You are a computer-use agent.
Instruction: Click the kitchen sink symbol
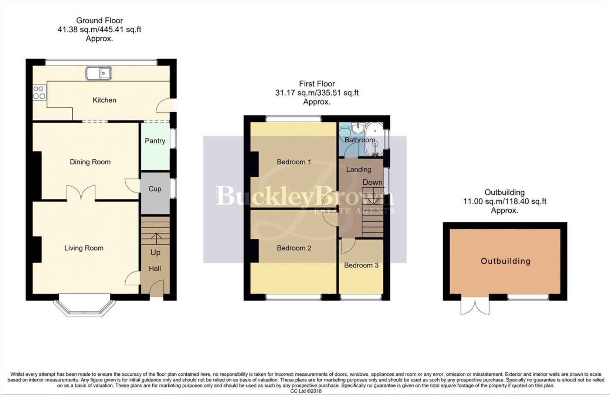[x=99, y=73]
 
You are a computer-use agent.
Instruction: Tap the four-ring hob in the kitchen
[x=39, y=92]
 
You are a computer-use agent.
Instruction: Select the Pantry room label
[x=155, y=141]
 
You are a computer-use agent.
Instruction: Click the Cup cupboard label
[x=155, y=189]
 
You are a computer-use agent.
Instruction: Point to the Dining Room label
[x=90, y=162]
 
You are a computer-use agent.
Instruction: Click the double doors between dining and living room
[x=81, y=193]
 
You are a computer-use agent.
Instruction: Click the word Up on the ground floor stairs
[x=155, y=252]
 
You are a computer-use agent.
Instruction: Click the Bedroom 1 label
[x=294, y=162]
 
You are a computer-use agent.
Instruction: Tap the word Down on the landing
[x=372, y=182]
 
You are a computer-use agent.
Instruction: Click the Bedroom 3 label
[x=361, y=265]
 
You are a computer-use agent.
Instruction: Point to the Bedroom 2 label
[x=294, y=248]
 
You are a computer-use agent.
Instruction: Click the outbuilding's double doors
[x=475, y=307]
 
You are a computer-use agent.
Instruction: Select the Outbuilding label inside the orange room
[x=505, y=261]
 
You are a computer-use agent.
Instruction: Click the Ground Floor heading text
[x=99, y=21]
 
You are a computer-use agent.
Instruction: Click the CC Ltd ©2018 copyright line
[x=306, y=391]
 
